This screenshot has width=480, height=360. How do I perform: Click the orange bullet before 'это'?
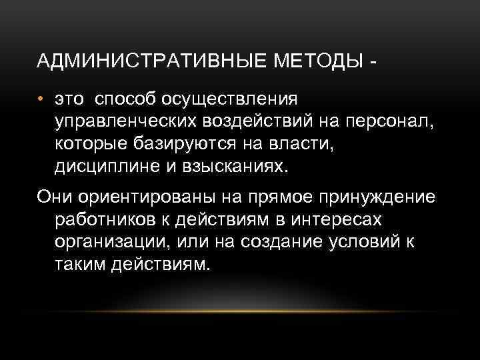41,100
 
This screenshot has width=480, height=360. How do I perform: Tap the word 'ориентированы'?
147,199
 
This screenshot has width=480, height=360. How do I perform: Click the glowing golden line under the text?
240,310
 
